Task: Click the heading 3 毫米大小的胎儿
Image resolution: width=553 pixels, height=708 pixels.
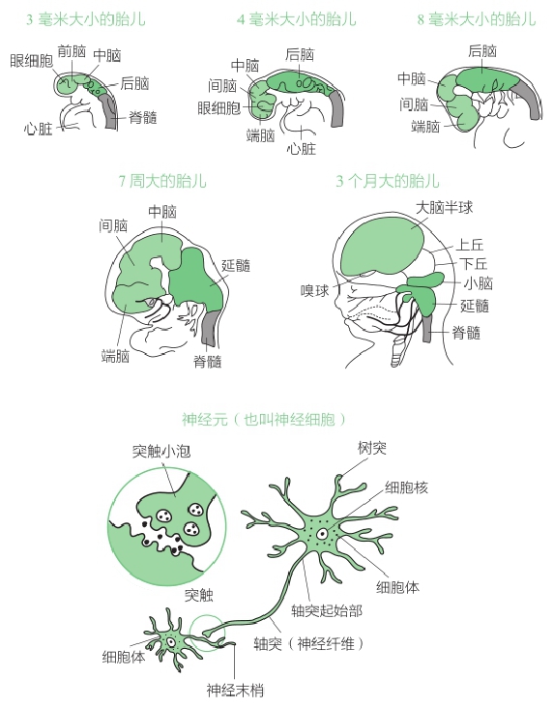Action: coord(86,19)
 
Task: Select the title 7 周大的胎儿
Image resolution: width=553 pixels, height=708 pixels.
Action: coord(162,181)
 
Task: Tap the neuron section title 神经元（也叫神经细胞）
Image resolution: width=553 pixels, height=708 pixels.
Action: coord(264,420)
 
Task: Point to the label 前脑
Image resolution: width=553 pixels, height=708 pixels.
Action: coord(72,51)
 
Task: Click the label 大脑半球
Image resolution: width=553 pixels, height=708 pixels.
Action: coord(444,208)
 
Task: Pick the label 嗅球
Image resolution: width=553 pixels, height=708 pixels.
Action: coord(315,291)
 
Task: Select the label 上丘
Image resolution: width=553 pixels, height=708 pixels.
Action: coord(470,245)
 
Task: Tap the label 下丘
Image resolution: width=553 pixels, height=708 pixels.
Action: coord(474,263)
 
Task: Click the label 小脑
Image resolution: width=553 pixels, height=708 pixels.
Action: coord(479,283)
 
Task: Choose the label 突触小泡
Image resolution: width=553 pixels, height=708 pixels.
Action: coord(161,451)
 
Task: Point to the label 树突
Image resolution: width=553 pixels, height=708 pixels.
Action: coord(372,448)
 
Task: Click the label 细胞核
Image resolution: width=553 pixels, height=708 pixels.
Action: coord(406,487)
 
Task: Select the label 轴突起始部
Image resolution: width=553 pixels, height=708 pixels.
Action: coord(327,611)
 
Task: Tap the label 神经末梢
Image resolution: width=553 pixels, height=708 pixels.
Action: coord(235,690)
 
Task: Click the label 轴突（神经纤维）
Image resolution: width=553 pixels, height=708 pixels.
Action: coord(308,643)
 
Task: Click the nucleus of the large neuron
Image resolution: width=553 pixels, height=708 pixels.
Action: coord(322,534)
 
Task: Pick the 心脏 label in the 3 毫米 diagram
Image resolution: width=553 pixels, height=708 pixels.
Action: coord(39,129)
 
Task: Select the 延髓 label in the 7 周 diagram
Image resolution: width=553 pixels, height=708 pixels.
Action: coord(236,265)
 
